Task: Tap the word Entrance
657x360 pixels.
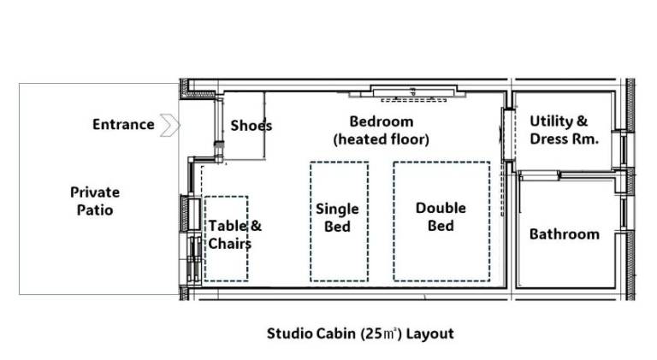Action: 123,124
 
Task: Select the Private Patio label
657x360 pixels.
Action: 95,201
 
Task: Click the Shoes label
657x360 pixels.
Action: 251,125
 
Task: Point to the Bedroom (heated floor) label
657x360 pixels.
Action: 382,130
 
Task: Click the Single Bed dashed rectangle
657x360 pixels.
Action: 311,221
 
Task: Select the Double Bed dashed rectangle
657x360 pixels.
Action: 394,221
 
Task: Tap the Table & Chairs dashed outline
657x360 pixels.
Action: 205,239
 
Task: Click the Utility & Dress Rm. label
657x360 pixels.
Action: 564,130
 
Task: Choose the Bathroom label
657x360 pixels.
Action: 565,234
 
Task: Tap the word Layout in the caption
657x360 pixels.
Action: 430,333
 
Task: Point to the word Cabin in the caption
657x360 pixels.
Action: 335,333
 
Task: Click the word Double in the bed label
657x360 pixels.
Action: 441,208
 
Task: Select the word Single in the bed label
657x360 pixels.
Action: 337,210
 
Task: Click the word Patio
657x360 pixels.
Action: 95,210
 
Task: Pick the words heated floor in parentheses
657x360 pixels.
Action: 382,139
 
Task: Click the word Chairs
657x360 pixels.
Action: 229,243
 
